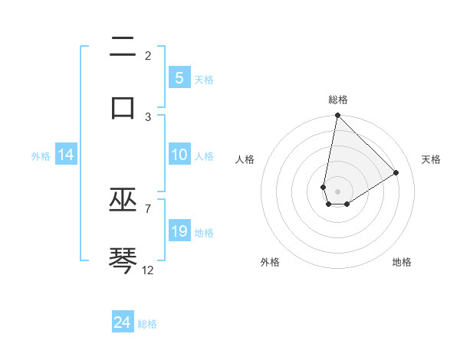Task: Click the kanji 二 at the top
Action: (x=123, y=47)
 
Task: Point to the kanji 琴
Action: (x=123, y=260)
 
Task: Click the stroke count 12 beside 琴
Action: (x=148, y=270)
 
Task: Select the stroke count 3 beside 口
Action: (x=148, y=116)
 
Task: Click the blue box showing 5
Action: (x=179, y=78)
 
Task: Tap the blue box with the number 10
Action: (x=179, y=155)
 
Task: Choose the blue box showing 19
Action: (x=179, y=231)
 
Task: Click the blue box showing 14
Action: (x=66, y=155)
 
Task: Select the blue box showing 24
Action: (x=123, y=322)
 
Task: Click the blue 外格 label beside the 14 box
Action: (x=41, y=155)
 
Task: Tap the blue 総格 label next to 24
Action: (x=147, y=324)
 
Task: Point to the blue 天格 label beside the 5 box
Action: (x=204, y=80)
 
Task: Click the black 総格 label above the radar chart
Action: (x=338, y=100)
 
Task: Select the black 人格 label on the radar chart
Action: (x=245, y=159)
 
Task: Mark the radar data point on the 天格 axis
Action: (x=396, y=172)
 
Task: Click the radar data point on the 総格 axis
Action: (x=337, y=116)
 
